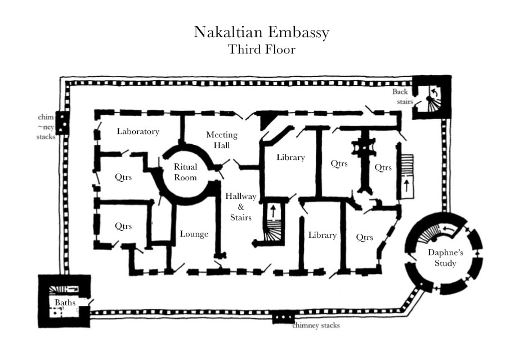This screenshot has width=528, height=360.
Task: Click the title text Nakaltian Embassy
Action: click(261, 33)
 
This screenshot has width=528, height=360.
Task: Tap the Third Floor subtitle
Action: click(262, 49)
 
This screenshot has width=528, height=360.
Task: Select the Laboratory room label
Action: click(138, 131)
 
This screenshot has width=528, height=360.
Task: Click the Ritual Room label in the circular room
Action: click(185, 172)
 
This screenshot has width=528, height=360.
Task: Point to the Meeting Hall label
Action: click(222, 140)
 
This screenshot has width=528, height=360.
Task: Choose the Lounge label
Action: click(194, 234)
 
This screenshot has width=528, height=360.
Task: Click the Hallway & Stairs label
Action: click(241, 207)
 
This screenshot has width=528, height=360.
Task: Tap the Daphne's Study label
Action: click(445, 258)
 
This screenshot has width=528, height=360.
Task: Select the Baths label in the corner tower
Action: click(65, 303)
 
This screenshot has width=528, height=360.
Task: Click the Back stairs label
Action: click(402, 96)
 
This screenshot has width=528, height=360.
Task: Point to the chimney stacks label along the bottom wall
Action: click(316, 325)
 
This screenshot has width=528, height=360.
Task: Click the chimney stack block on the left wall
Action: click(62, 123)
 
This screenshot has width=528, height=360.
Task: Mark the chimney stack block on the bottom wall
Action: click(283, 318)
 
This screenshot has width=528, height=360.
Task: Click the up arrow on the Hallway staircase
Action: click(273, 211)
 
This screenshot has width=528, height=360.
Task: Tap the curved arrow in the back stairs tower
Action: click(435, 92)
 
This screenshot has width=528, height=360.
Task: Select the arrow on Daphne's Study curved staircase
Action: click(449, 229)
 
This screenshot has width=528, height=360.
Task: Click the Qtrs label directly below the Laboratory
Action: click(123, 177)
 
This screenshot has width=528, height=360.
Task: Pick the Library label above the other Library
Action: click(291, 157)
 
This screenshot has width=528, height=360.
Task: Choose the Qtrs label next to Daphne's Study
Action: click(364, 238)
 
